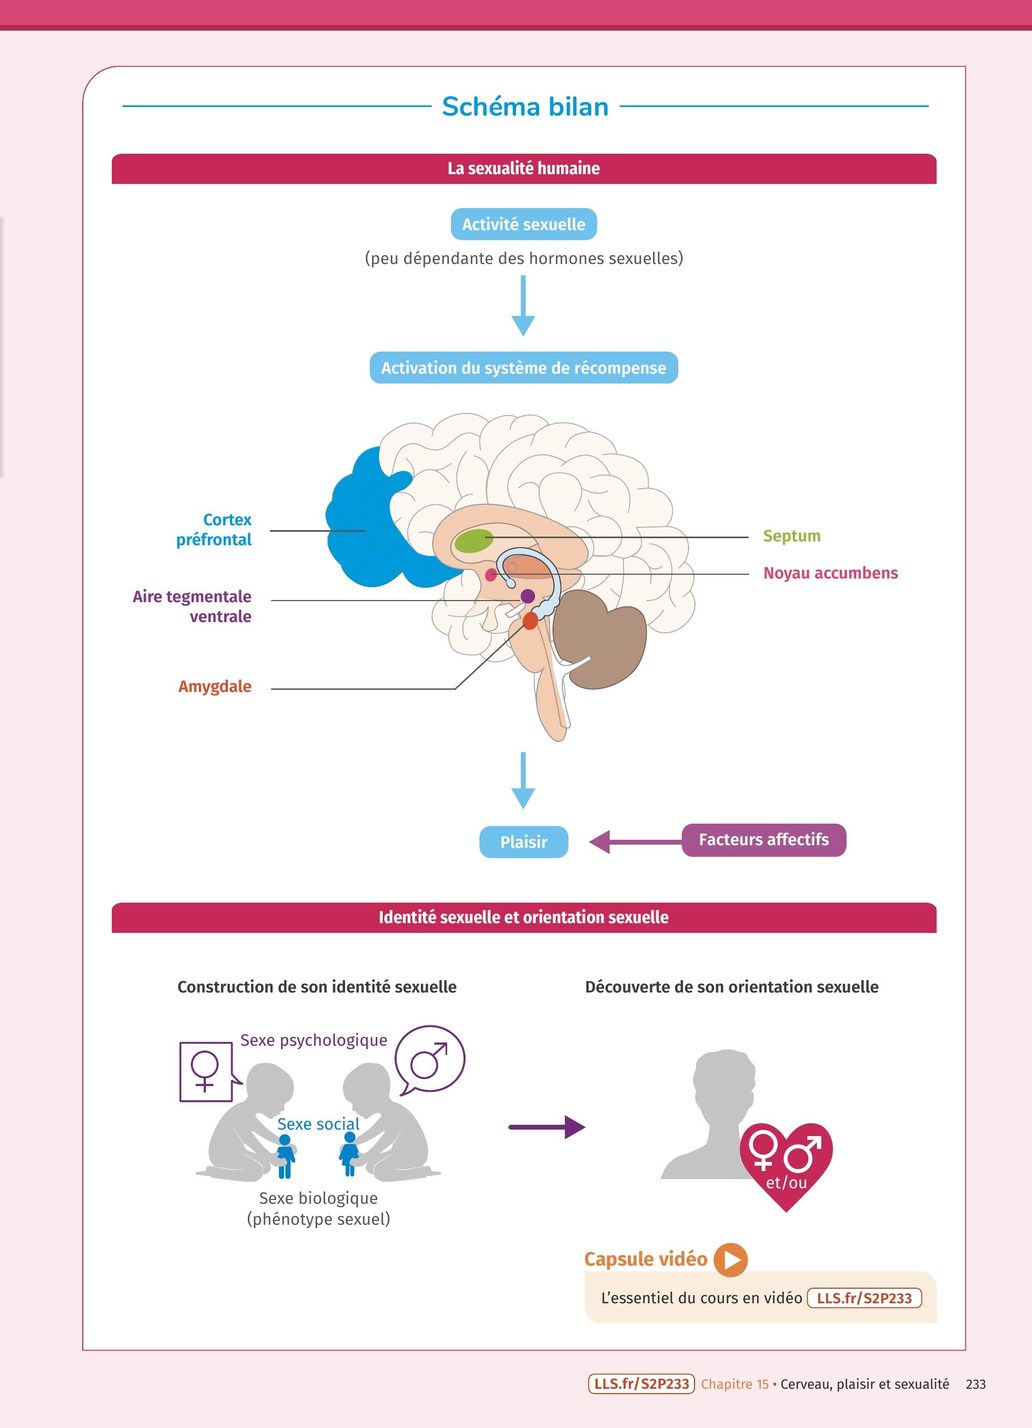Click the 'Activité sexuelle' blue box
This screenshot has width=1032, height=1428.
coord(524,224)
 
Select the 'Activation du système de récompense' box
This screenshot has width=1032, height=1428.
coord(524,368)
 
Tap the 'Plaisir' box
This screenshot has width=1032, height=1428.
coord(524,842)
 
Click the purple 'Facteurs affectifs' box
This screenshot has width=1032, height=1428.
coord(763,840)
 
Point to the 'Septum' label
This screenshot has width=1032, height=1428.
coord(792,536)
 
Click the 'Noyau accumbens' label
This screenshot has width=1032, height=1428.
coord(830,573)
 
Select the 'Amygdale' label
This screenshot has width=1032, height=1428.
coord(214,686)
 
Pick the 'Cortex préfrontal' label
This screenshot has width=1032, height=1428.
coord(214,530)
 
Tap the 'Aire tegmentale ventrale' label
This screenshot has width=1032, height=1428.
coord(192,606)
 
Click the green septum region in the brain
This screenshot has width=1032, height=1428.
coord(474,541)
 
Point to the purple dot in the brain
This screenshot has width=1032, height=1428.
coord(528,596)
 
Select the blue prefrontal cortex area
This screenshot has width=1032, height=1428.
coord(365,523)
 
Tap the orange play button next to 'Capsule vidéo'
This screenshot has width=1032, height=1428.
coord(730,1259)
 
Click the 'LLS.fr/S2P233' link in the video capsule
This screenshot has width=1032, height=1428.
coord(864,1298)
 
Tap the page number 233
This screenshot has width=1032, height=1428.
coord(976,1384)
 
